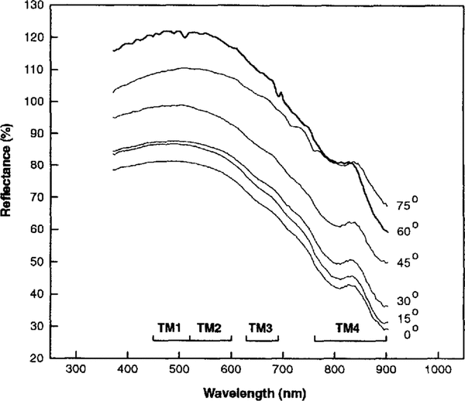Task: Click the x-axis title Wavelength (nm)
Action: [x=256, y=392]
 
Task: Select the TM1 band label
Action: [x=169, y=328]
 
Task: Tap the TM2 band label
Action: [x=208, y=328]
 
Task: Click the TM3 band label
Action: [x=260, y=328]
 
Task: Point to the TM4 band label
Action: [x=347, y=328]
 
